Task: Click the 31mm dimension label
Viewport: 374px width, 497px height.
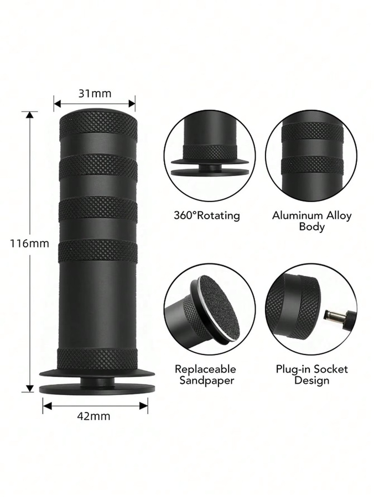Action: pyautogui.click(x=95, y=93)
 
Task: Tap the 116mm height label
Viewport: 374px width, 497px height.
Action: pyautogui.click(x=29, y=243)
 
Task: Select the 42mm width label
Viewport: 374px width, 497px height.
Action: pyautogui.click(x=94, y=415)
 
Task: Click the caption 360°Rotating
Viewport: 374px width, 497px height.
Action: pyautogui.click(x=207, y=215)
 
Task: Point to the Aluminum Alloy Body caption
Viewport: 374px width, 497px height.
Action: pyautogui.click(x=312, y=221)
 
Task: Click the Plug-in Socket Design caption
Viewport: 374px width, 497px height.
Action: pyautogui.click(x=312, y=374)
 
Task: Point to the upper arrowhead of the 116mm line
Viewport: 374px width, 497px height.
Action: pyautogui.click(x=30, y=115)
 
